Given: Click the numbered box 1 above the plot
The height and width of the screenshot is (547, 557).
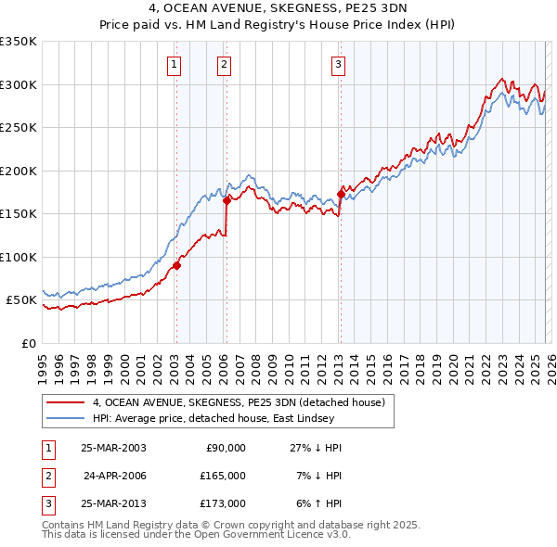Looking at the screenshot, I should tap(175, 64).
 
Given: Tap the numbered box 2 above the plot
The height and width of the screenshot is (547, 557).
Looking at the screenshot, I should tap(225, 64).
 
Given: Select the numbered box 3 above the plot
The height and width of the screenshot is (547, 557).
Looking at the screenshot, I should tap(338, 64).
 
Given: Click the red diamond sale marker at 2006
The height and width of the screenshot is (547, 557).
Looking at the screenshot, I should tap(227, 198).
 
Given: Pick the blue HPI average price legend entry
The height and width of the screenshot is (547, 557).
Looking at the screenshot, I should tap(222, 419).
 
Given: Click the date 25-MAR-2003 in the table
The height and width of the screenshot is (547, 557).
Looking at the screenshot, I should tap(113, 448).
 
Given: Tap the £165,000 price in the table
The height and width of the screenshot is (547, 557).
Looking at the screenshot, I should tap(223, 476).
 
